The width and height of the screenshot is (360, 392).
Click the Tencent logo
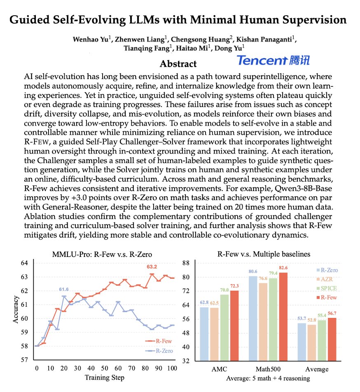click(273, 61)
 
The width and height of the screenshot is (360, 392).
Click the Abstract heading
click(178, 64)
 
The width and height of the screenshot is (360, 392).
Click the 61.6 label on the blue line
click(64, 290)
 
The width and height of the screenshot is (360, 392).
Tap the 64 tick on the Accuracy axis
click(24, 263)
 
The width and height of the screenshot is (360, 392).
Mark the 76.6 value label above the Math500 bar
click(264, 279)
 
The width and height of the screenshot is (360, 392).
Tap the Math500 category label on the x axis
click(266, 369)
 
